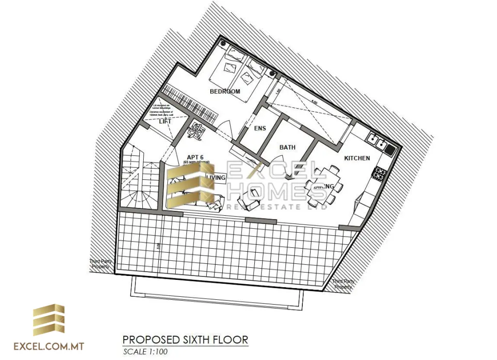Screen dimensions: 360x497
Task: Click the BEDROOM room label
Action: point(225,91)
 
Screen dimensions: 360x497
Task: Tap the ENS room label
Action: point(260,128)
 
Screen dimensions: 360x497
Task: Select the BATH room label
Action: point(287,147)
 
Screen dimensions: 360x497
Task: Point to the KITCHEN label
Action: point(357,158)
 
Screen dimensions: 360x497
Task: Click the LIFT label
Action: point(165,121)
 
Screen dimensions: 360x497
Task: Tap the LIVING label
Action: point(216,178)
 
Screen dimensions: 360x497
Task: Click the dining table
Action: point(323,185)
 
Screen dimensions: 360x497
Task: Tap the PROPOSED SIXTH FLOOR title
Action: point(185,339)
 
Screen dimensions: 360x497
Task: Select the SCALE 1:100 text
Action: point(146,352)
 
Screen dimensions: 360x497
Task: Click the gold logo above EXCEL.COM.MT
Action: point(49,321)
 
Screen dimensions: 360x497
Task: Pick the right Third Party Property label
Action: point(343,284)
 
